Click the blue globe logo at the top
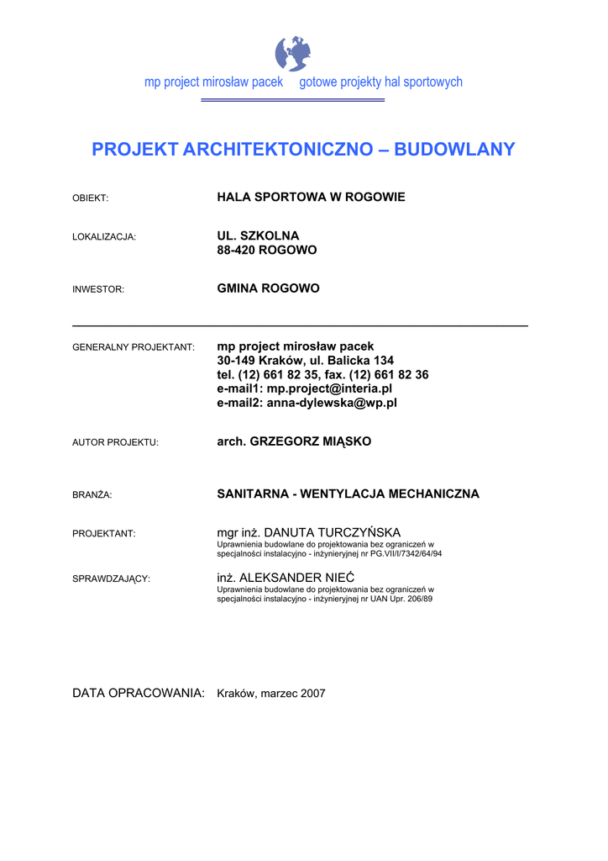point(293,53)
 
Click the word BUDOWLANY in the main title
point(454,150)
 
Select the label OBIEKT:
point(91,198)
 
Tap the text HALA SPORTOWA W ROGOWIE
point(311,197)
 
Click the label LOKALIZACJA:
point(104,237)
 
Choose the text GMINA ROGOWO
point(268,288)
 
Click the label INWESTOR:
point(98,289)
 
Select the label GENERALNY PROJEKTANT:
point(134,347)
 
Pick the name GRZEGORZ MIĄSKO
point(311,441)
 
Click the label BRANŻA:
point(92,495)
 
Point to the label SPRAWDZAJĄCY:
point(112,579)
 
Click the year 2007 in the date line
point(312,694)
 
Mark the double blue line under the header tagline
point(292,100)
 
